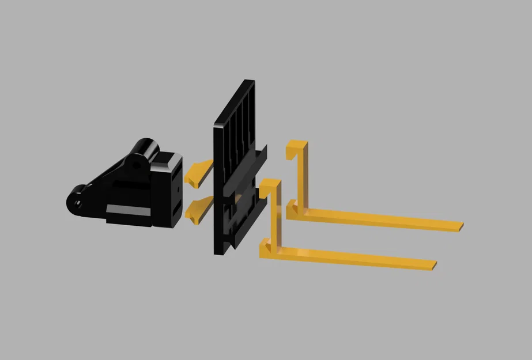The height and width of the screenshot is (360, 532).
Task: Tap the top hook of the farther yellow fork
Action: click(x=296, y=145)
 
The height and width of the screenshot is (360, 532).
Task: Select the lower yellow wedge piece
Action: click(x=197, y=209)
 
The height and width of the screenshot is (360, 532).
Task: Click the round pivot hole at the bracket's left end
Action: click(x=74, y=202)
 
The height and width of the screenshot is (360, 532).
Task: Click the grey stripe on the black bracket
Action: click(x=128, y=209)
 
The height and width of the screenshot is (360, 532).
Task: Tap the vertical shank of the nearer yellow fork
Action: click(x=275, y=216)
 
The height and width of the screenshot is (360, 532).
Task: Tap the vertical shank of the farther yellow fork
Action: click(x=302, y=176)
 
